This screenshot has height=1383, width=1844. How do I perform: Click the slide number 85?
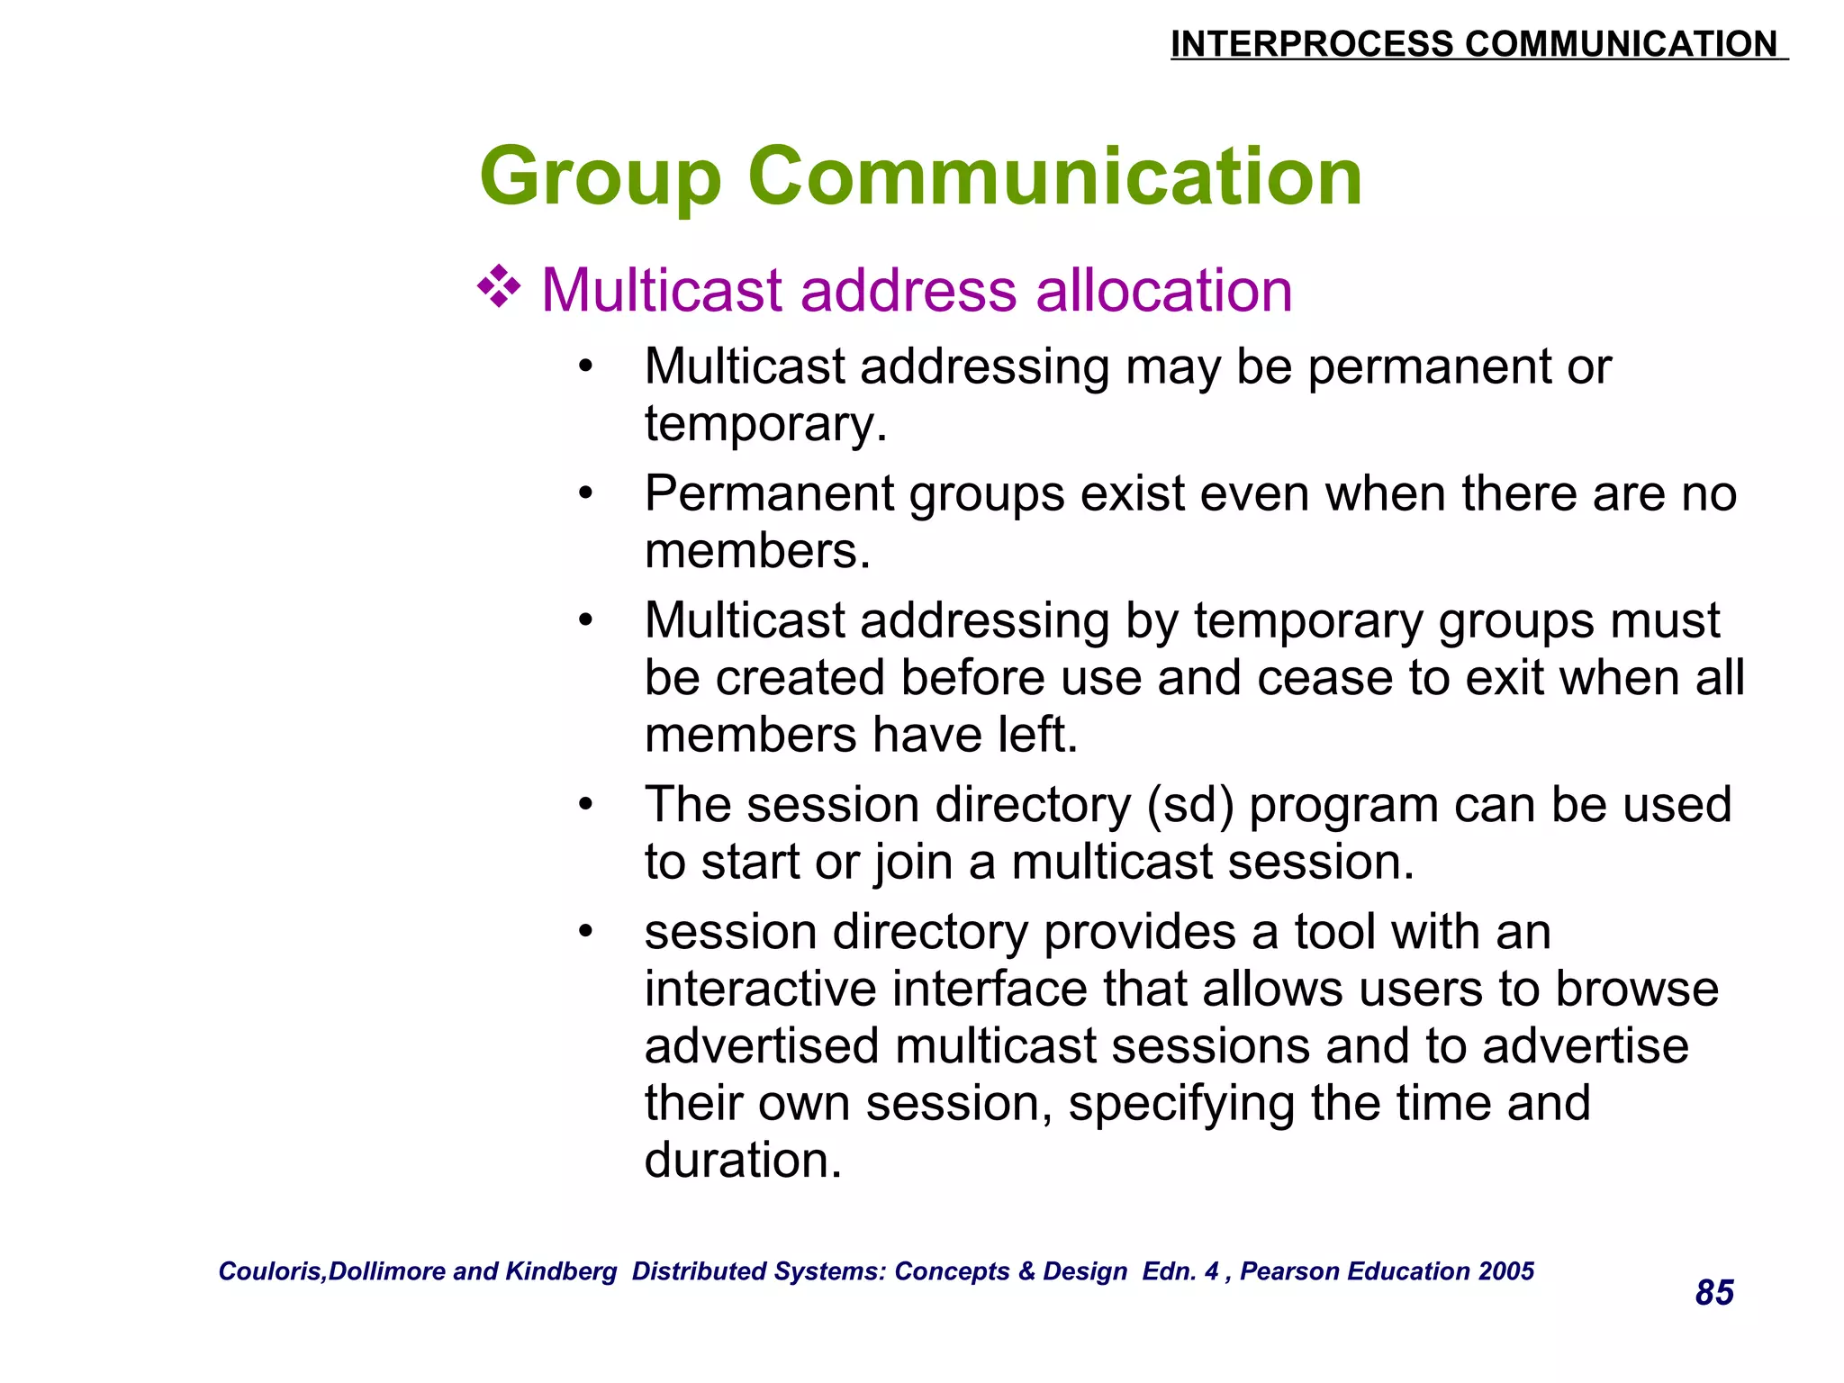point(1713,1292)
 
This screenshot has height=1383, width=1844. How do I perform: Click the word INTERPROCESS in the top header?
point(1312,44)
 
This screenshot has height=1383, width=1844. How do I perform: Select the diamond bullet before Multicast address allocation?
point(499,289)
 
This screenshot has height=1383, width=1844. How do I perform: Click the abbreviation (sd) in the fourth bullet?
point(1189,804)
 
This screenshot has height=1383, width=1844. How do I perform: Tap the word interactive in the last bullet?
point(761,989)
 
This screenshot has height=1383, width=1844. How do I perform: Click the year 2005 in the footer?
point(1506,1270)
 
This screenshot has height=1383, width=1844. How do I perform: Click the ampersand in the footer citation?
point(1026,1270)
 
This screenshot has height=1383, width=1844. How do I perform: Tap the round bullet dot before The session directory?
point(586,803)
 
